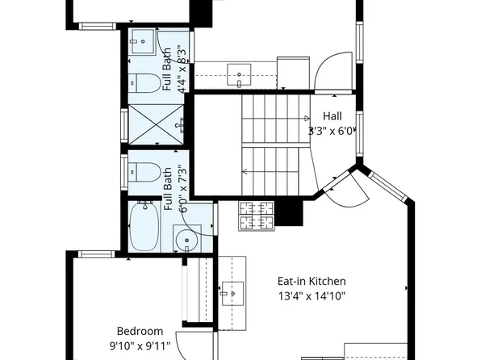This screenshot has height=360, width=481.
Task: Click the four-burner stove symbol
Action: click(x=257, y=214)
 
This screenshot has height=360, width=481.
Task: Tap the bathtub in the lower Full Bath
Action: click(x=146, y=228)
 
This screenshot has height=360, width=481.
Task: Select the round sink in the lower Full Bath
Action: click(x=190, y=241)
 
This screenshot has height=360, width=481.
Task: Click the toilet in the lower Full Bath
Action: click(x=145, y=172)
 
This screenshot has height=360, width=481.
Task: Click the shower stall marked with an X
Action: click(x=154, y=125)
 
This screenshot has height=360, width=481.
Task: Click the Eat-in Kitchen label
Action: click(x=312, y=281)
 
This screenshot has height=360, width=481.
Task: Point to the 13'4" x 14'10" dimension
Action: click(x=312, y=295)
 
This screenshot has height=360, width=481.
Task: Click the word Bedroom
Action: click(x=140, y=331)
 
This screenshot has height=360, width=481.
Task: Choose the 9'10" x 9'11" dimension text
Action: click(x=140, y=345)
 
